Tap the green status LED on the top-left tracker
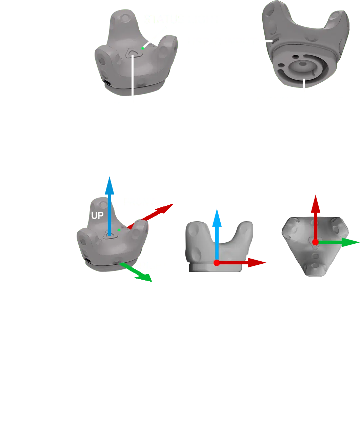[x=143, y=48]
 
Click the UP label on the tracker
[x=97, y=216]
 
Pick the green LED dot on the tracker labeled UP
[x=119, y=230]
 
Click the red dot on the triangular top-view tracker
[x=315, y=242]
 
